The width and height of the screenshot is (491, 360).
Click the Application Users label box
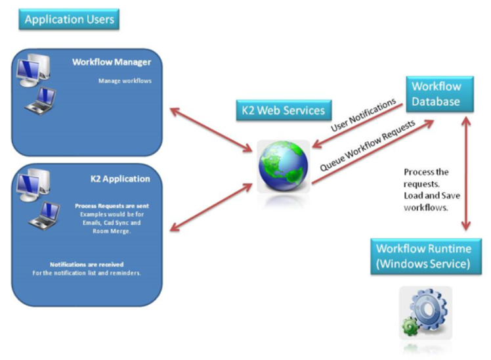(69, 19)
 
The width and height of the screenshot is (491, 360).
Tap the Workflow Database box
(436, 94)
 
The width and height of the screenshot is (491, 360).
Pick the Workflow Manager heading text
(112, 62)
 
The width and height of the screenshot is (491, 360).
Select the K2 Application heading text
(119, 179)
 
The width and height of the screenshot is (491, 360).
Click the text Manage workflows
(125, 81)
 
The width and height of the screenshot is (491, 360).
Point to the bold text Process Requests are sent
(112, 206)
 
